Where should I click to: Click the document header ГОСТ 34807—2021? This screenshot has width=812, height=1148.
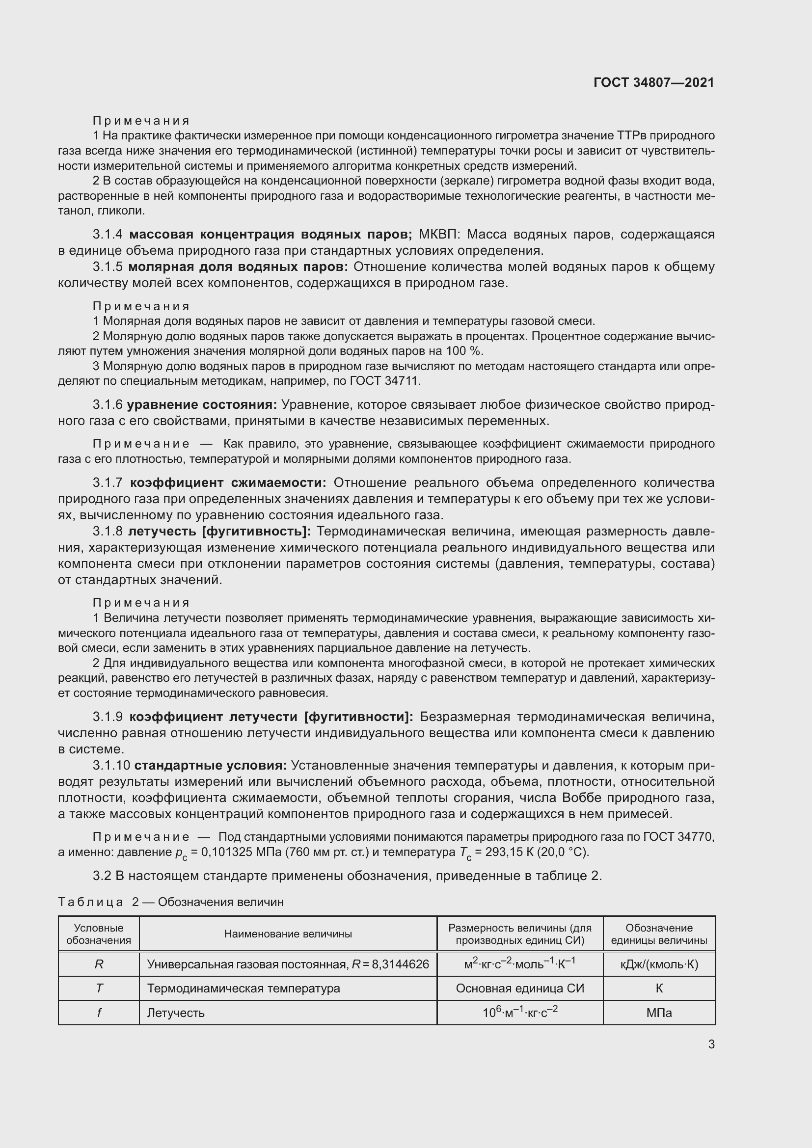[653, 82]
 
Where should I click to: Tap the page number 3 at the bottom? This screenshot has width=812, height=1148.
[711, 1044]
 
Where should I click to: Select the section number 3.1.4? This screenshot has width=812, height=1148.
[108, 234]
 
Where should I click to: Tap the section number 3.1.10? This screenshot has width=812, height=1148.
[111, 766]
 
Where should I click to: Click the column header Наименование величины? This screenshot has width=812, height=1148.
[288, 934]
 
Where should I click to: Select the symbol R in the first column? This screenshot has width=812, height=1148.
[99, 964]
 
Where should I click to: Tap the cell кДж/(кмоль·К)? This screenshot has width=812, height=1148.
[659, 964]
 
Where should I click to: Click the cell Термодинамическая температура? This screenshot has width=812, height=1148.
[243, 988]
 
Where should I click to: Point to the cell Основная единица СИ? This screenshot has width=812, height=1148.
[519, 988]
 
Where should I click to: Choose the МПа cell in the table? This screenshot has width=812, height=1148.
[659, 1013]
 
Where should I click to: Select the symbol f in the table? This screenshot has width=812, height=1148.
[99, 1013]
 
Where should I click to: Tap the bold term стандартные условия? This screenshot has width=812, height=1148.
[210, 766]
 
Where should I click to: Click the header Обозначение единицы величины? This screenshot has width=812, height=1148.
[659, 934]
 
